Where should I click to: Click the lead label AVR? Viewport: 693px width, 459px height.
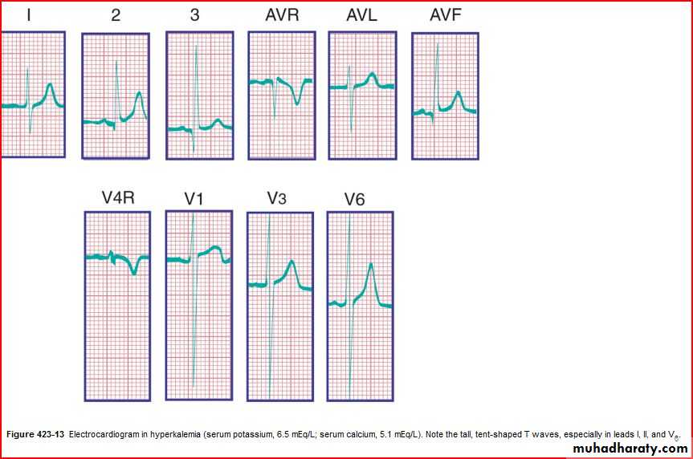(x=281, y=16)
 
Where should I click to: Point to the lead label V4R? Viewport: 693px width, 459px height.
(x=116, y=197)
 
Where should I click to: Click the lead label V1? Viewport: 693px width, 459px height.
(x=194, y=198)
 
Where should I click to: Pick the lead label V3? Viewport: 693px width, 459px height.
(x=277, y=197)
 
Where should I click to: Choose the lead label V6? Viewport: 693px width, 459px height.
(x=354, y=198)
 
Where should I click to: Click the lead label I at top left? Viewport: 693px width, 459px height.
(x=29, y=15)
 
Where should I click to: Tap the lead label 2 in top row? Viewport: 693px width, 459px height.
(x=116, y=15)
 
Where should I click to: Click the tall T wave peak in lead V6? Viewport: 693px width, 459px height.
(x=371, y=265)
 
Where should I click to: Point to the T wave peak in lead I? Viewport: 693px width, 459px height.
(x=51, y=84)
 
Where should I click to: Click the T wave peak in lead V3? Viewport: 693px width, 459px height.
(x=292, y=261)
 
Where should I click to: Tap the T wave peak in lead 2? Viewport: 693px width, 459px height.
(x=139, y=93)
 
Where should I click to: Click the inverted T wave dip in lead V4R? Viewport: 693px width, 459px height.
(x=134, y=273)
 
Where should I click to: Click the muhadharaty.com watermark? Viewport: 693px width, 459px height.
(x=631, y=449)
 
